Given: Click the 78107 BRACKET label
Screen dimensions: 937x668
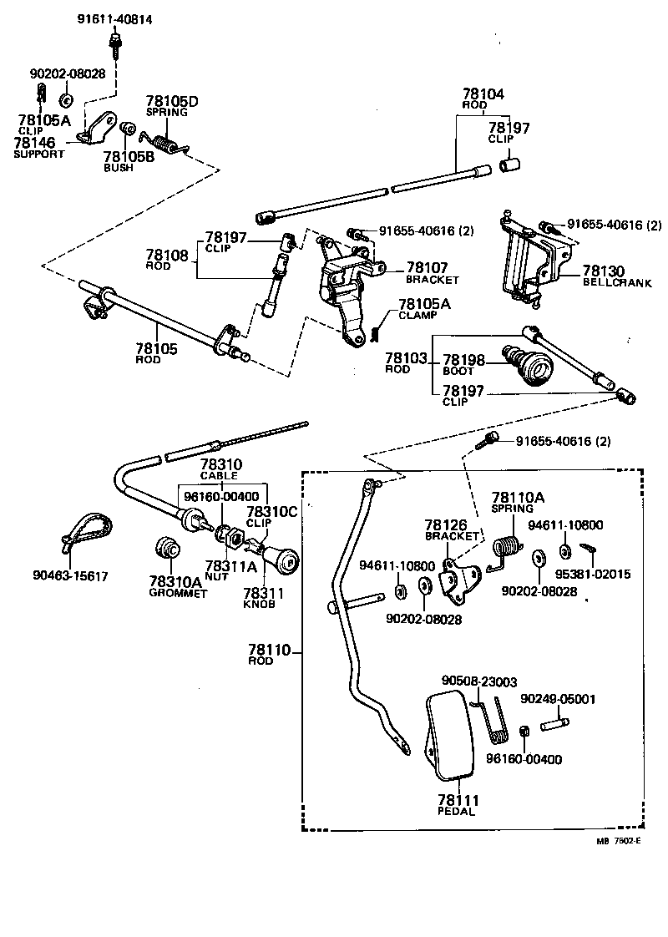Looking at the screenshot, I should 432,273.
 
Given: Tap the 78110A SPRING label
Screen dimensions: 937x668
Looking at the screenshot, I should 518,502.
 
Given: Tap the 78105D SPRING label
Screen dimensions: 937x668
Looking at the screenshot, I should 172,106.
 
